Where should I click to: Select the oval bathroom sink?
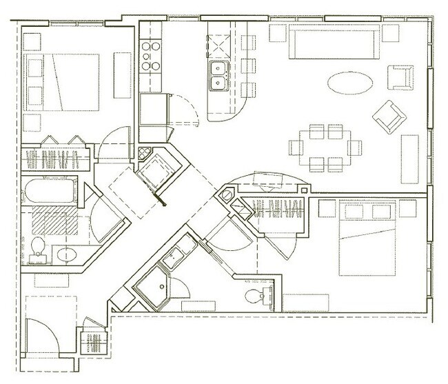tap(66, 253)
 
